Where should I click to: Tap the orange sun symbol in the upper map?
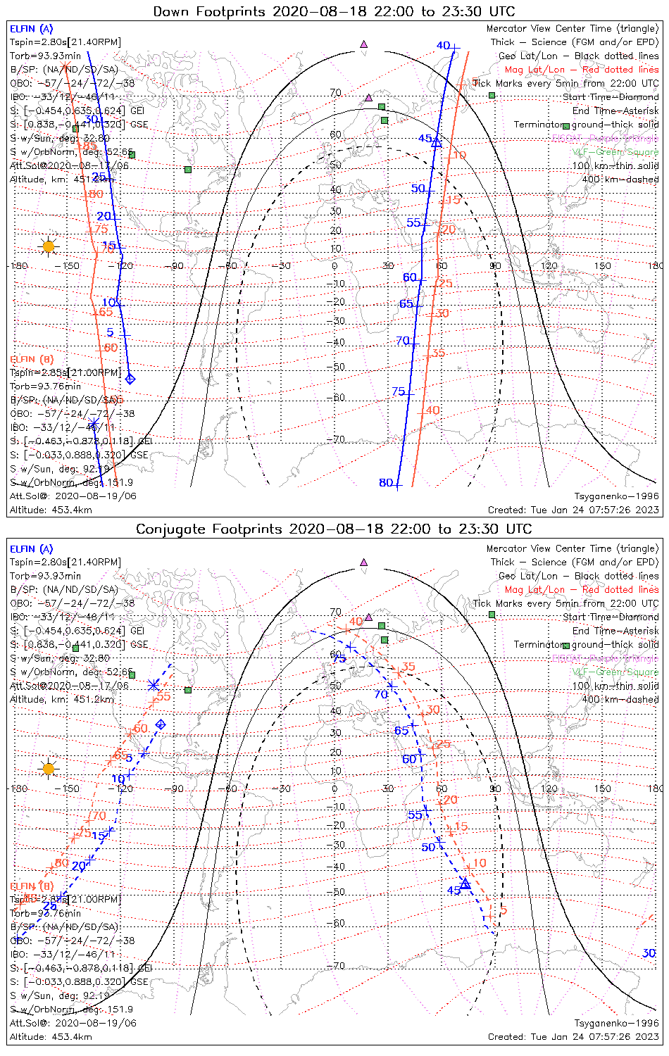[x=48, y=246]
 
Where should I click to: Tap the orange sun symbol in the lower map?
[x=48, y=768]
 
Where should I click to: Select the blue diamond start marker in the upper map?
[x=130, y=379]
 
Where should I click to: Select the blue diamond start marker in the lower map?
[x=161, y=724]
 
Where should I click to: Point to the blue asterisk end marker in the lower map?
[x=154, y=684]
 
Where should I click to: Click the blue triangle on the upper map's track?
[x=436, y=142]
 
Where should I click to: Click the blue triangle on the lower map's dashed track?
[x=465, y=884]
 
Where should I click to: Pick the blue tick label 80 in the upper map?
[x=386, y=483]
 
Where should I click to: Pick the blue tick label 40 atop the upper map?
[x=443, y=46]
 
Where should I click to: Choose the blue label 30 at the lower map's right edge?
[x=649, y=953]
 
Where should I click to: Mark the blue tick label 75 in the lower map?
[x=339, y=659]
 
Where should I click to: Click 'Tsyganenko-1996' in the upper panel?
[x=616, y=496]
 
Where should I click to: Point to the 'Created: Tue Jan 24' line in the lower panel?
[x=573, y=1037]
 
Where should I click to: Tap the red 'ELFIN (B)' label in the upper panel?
[x=32, y=359]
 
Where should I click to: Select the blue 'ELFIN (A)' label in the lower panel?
[x=32, y=549]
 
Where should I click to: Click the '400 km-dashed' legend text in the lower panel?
[x=615, y=699]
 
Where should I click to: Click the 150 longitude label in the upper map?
[x=602, y=266]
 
